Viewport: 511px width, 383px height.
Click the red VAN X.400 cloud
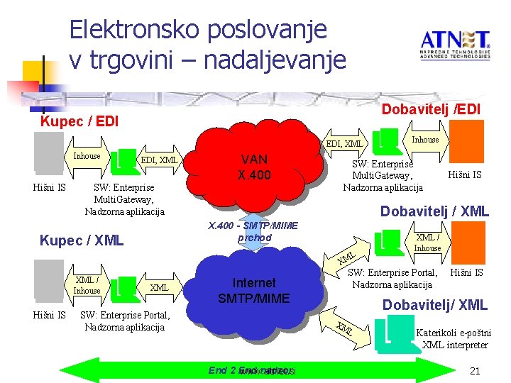tap(254, 167)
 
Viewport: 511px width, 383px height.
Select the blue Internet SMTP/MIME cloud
tap(253, 291)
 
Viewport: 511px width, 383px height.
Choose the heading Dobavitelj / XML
tap(434, 211)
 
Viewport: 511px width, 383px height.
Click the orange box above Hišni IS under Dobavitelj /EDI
tap(468, 142)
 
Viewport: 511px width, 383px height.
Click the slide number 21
tap(476, 371)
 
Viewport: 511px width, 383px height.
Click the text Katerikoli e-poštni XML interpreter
tap(453, 338)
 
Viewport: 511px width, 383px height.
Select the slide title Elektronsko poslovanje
tap(198, 29)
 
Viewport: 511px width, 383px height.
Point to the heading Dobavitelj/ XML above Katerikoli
tap(434, 306)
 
